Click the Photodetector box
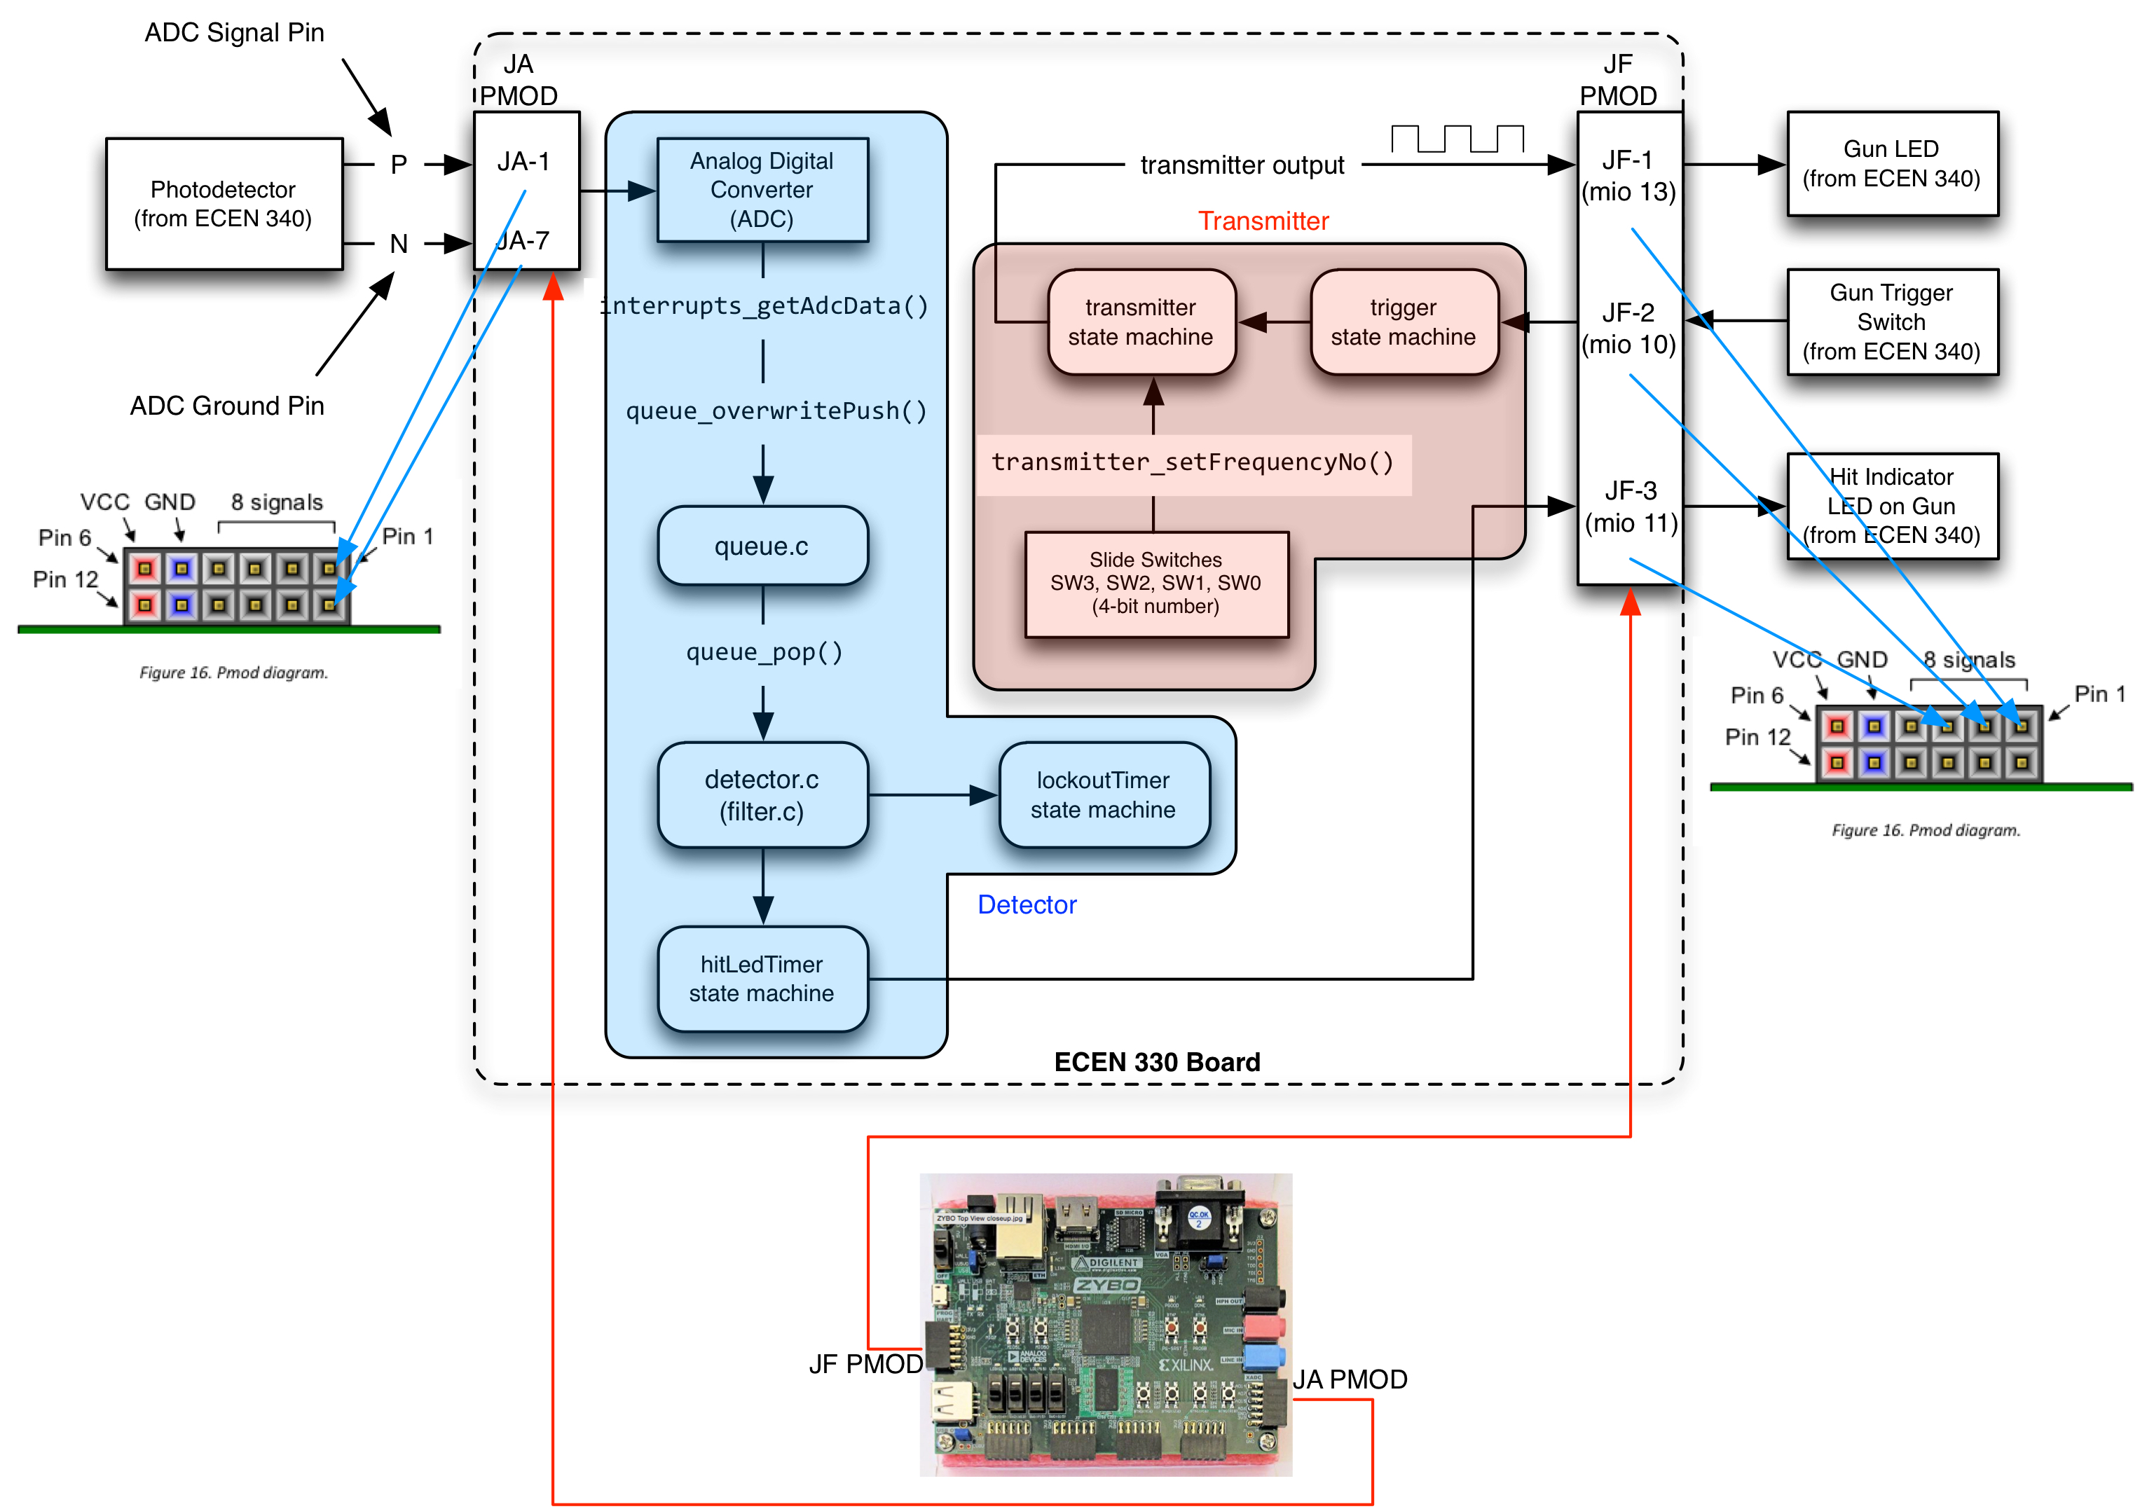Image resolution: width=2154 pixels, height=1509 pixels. (x=224, y=204)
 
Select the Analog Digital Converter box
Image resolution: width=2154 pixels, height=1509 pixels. (x=762, y=189)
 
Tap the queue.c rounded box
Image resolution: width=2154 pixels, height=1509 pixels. (x=762, y=546)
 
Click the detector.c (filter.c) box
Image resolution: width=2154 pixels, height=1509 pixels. (x=762, y=794)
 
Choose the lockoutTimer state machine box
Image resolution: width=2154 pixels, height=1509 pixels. (x=1103, y=794)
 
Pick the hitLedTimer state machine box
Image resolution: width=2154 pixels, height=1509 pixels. (x=762, y=978)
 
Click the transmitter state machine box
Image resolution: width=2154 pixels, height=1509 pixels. (x=1141, y=322)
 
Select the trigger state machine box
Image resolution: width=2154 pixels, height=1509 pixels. (x=1404, y=322)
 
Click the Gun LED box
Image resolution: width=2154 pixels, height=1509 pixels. (x=1891, y=163)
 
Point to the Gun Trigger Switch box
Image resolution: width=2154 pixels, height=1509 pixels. (x=1891, y=322)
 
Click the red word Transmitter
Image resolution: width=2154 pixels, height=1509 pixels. (x=1263, y=221)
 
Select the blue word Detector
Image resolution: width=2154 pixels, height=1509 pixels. (x=1027, y=905)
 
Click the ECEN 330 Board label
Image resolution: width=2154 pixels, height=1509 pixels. (x=1157, y=1061)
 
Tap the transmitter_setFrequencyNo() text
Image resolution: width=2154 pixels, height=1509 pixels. (x=1193, y=462)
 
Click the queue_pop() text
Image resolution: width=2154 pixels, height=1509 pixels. (x=764, y=652)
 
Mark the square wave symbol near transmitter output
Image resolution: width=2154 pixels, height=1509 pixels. (x=1457, y=139)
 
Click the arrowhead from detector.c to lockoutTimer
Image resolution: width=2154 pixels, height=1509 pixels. (x=983, y=795)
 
